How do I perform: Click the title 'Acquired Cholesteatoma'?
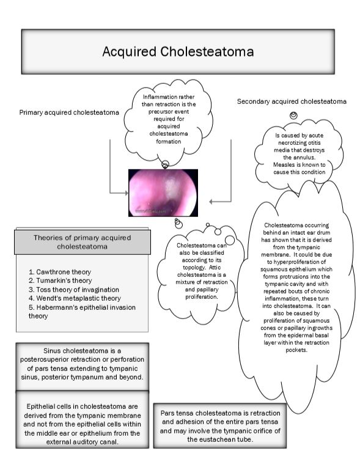coord(178,51)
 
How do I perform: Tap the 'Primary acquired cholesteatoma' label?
coord(69,112)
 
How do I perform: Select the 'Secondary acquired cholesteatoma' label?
coord(292,101)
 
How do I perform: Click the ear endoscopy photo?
coord(163,193)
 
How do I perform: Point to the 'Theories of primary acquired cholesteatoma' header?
coord(82,243)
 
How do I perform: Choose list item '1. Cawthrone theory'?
coord(60,271)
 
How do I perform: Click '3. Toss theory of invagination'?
coord(74,289)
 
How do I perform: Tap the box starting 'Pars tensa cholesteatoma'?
coord(221,426)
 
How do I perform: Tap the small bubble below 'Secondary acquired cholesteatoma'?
coord(294,115)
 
